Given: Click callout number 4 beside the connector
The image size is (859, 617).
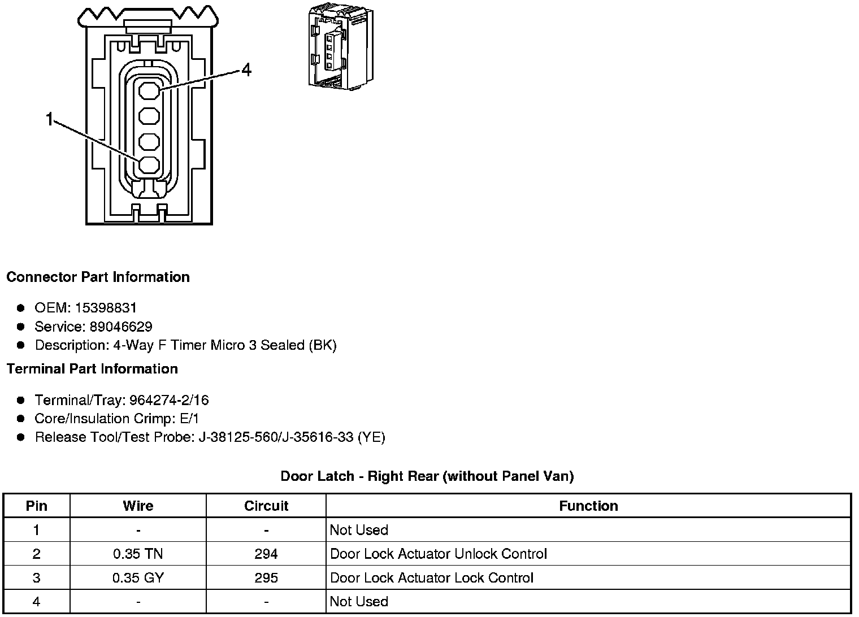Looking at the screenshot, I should [246, 70].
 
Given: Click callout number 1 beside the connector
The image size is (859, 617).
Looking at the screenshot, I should [50, 119].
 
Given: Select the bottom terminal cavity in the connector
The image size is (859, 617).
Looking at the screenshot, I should [149, 165].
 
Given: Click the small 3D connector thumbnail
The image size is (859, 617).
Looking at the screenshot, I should [341, 49].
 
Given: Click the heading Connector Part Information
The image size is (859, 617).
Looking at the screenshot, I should [98, 277].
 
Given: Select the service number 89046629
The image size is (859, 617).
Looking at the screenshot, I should [120, 327].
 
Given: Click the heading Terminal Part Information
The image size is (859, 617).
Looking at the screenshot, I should [92, 369].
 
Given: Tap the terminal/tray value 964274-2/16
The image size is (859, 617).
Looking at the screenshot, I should [169, 400].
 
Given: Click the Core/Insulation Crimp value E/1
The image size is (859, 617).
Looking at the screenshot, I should [188, 419].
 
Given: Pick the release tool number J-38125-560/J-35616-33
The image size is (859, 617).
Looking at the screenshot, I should [276, 437].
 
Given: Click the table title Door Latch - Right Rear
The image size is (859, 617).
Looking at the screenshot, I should [427, 476].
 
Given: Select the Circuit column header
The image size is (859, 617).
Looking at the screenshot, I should [266, 506].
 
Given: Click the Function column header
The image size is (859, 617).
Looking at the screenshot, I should [588, 506].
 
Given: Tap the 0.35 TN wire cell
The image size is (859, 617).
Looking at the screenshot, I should [138, 554].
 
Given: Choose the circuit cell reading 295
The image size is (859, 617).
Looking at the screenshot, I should [266, 577].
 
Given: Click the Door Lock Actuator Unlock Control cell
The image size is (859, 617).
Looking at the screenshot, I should [438, 554].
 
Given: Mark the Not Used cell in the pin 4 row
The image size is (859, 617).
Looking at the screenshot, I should [359, 601].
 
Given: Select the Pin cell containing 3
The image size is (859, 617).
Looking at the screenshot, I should [37, 577].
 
